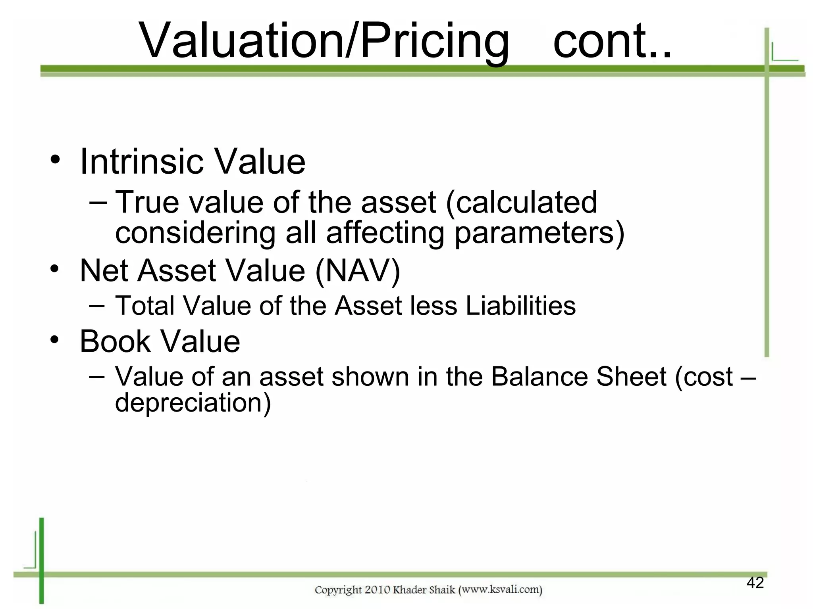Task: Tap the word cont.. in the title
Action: coord(612,40)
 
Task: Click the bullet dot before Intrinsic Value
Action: coord(55,160)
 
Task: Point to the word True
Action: coord(147,202)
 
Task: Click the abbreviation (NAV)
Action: coord(357,271)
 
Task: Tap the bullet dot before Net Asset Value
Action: coord(55,269)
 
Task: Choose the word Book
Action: coord(115,341)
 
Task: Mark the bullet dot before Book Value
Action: coord(55,339)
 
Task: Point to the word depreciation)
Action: coord(193,403)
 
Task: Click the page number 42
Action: coord(755,583)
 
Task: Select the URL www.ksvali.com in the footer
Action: coord(500,590)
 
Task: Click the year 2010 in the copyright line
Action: coord(377,590)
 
